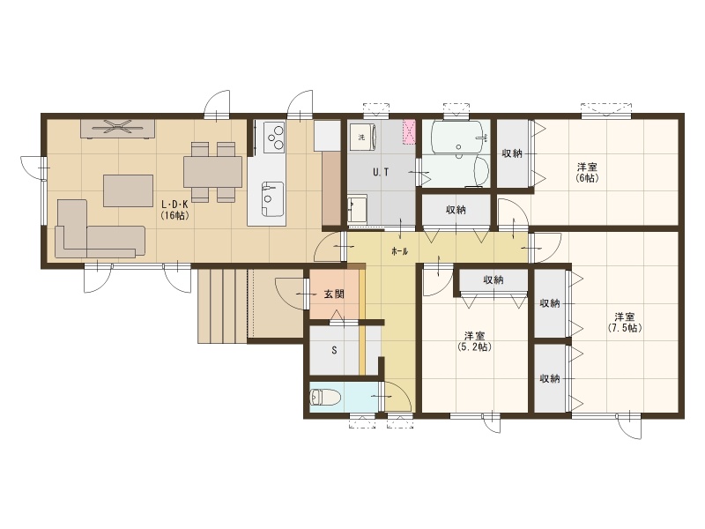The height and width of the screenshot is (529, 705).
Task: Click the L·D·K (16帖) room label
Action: [174, 209]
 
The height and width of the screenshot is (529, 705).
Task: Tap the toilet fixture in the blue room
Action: [325, 398]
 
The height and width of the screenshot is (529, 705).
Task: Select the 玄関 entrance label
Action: [334, 294]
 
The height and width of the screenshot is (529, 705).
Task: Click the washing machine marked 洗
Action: [363, 138]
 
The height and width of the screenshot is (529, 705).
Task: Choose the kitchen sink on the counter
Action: [272, 198]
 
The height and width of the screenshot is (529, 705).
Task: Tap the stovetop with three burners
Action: [274, 136]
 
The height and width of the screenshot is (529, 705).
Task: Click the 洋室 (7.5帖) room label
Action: [625, 322]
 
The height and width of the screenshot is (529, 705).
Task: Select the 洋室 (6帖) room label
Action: [587, 172]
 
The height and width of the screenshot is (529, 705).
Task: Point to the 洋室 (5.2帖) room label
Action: [474, 341]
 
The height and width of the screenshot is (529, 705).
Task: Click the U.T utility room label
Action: [381, 172]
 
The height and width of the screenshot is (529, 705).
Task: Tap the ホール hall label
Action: [400, 251]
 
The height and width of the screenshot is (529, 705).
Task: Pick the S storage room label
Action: [334, 350]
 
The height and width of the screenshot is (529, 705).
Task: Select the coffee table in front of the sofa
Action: [128, 190]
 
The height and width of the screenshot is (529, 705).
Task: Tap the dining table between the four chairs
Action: [212, 172]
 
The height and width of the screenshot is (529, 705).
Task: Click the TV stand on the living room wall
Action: [118, 128]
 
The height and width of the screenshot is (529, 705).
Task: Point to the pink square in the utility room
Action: [409, 132]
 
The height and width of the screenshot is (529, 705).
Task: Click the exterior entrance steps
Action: [223, 306]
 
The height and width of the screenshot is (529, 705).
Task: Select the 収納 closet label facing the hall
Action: [456, 210]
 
